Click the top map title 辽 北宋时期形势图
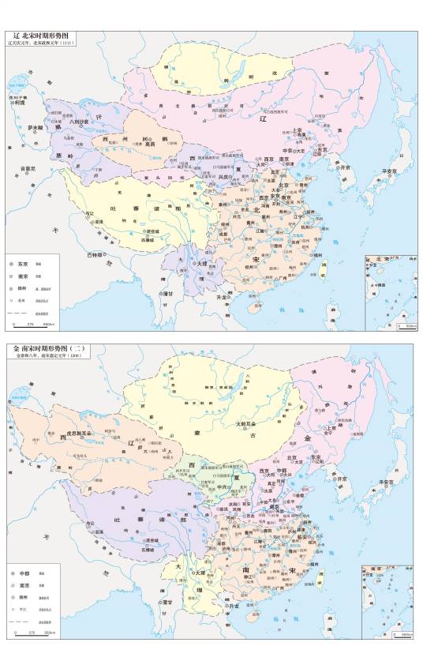(47, 36)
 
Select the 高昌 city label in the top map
(149, 143)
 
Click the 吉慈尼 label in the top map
(28, 168)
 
